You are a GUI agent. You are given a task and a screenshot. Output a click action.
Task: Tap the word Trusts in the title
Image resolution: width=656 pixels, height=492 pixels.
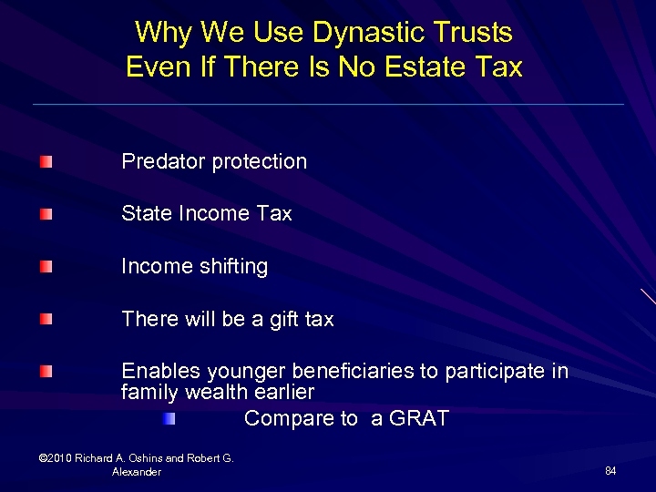[x=474, y=33]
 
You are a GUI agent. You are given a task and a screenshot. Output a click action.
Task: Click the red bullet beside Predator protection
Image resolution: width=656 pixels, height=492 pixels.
[x=46, y=162]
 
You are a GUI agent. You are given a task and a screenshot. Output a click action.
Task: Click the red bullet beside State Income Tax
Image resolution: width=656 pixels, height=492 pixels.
[x=46, y=215]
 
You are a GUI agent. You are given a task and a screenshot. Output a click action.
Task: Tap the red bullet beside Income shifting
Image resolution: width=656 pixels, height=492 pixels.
[x=46, y=267]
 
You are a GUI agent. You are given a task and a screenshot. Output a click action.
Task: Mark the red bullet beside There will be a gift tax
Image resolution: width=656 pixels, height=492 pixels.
[x=46, y=319]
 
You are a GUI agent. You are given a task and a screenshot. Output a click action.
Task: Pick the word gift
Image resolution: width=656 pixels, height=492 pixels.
[x=285, y=320]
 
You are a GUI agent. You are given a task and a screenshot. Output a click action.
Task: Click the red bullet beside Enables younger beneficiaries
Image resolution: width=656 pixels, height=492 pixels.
[x=46, y=371]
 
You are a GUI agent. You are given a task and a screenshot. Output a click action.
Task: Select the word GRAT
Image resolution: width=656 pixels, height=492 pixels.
[x=420, y=419]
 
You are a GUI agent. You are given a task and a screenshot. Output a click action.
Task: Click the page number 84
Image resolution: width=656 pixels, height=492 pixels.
[x=610, y=470]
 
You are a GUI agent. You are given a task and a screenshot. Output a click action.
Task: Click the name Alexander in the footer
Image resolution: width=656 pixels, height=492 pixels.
[x=137, y=472]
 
